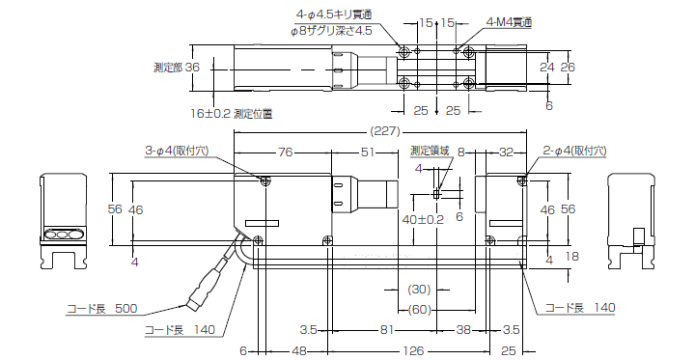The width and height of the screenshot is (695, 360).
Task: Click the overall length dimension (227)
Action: pyautogui.click(x=381, y=132)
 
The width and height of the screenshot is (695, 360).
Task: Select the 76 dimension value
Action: pyautogui.click(x=285, y=152)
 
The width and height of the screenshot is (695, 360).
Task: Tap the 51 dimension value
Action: pyautogui.click(x=368, y=152)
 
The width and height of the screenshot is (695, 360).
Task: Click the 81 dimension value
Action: pyautogui.click(x=385, y=329)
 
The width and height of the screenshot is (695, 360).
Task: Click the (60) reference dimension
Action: pyautogui.click(x=419, y=309)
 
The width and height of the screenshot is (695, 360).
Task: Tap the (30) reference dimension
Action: pyautogui.click(x=419, y=290)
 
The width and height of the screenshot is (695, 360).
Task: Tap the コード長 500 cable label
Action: pyautogui.click(x=101, y=309)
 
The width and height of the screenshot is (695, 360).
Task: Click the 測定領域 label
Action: pyautogui.click(x=430, y=152)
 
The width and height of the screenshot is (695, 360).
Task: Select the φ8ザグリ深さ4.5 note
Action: pyautogui.click(x=330, y=31)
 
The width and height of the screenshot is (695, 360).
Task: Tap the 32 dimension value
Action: pyautogui.click(x=505, y=152)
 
